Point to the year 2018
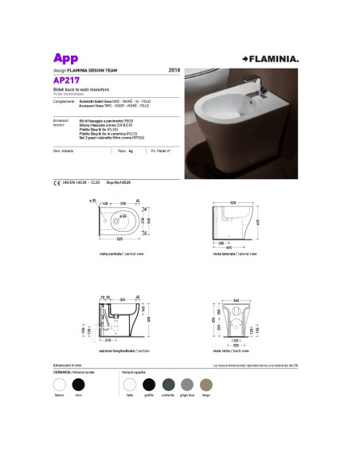(174, 71)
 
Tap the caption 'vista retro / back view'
(230, 350)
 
